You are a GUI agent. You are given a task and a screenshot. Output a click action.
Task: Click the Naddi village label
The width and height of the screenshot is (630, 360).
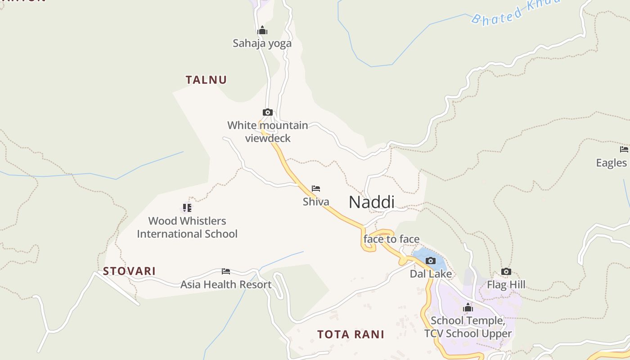click(371, 202)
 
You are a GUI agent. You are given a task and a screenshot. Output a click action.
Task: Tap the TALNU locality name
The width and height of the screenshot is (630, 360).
click(206, 80)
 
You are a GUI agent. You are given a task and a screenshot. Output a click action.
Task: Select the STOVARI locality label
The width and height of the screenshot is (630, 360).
click(129, 271)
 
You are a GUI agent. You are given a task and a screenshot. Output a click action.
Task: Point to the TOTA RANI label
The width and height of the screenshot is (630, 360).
click(351, 334)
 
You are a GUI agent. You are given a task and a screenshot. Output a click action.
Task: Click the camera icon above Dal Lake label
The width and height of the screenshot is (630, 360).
click(431, 261)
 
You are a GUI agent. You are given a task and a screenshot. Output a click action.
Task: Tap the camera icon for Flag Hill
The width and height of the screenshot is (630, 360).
click(506, 271)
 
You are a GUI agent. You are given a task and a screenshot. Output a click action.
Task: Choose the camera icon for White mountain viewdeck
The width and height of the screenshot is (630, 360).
click(268, 112)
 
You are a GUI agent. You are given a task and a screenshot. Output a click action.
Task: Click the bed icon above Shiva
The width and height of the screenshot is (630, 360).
click(316, 189)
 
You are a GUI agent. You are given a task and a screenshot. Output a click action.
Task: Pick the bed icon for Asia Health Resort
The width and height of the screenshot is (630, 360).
click(226, 271)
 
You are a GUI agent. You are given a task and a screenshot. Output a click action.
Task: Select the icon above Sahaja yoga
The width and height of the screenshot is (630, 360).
click(262, 31)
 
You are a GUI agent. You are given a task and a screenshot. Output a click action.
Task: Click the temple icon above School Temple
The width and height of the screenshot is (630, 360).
click(468, 307)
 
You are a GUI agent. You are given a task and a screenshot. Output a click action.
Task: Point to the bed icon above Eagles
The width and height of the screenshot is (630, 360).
click(624, 149)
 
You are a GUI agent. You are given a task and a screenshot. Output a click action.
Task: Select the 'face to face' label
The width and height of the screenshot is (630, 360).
click(391, 239)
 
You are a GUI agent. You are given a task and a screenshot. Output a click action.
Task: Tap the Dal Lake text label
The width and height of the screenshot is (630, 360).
click(431, 274)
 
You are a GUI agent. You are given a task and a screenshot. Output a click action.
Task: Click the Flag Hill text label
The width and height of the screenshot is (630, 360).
click(506, 284)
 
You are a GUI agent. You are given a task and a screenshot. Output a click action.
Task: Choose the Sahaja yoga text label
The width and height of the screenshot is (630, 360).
click(262, 44)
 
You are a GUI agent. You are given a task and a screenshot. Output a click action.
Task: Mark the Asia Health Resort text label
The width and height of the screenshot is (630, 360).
click(226, 284)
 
